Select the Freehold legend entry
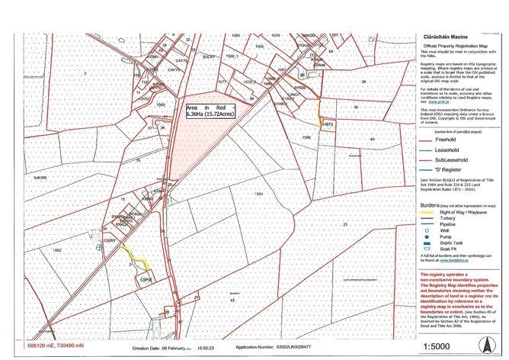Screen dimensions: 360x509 (x=440, y=140)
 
